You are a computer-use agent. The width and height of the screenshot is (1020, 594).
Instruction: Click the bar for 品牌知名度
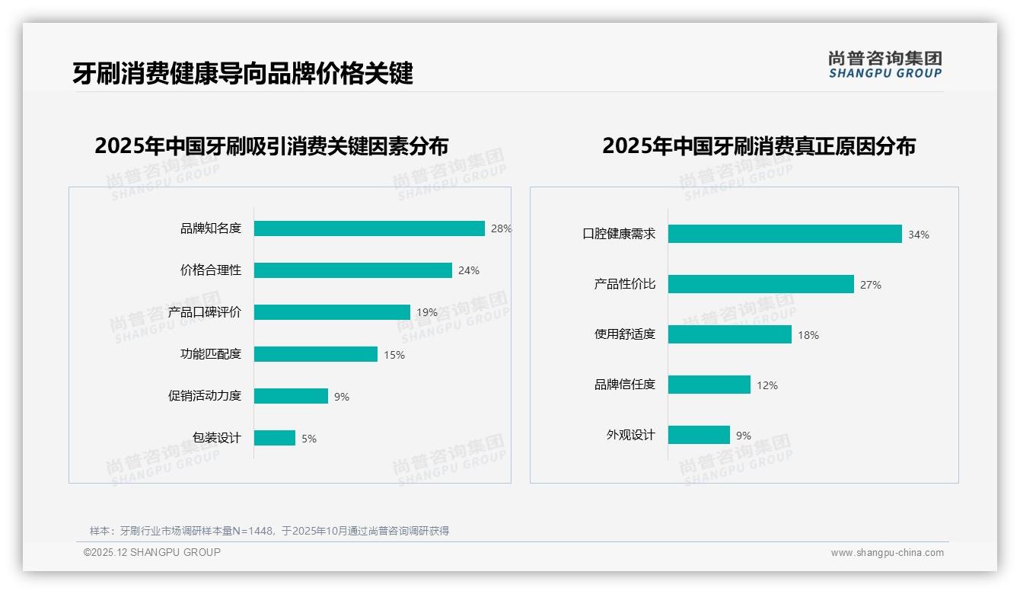[x=369, y=228]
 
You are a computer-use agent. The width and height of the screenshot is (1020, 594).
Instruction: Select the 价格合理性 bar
[x=353, y=270]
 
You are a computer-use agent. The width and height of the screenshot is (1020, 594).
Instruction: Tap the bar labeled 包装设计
[x=275, y=438]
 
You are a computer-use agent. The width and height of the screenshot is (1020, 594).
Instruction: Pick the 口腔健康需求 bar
[x=785, y=234]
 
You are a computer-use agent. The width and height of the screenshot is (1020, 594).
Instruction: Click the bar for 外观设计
[x=699, y=435]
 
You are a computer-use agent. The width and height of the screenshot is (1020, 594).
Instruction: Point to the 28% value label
[x=501, y=228]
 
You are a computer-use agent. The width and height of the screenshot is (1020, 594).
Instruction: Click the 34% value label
[x=918, y=235]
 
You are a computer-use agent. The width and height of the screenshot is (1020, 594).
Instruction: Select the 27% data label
[x=870, y=285]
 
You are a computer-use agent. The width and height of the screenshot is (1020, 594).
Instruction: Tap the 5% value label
[x=308, y=439]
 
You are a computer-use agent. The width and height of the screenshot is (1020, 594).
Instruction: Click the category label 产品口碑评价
[x=204, y=312]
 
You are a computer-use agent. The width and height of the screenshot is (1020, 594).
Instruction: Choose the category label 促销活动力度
[x=204, y=396]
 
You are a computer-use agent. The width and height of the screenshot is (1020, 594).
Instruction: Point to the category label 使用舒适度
[x=624, y=334]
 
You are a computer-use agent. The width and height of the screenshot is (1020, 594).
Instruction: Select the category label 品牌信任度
[x=624, y=385]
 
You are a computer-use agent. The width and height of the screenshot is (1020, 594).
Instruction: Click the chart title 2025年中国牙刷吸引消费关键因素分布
[x=271, y=145]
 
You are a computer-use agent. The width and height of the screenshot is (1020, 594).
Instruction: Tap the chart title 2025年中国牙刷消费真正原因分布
[x=758, y=145]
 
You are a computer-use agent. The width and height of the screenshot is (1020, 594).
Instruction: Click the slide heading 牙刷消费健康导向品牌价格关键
[x=243, y=74]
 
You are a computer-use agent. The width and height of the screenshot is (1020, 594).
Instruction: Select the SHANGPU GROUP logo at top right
[x=885, y=65]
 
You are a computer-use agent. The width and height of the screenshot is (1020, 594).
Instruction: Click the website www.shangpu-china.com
[x=887, y=553]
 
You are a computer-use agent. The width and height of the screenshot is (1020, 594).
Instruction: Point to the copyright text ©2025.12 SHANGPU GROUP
[x=152, y=552]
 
